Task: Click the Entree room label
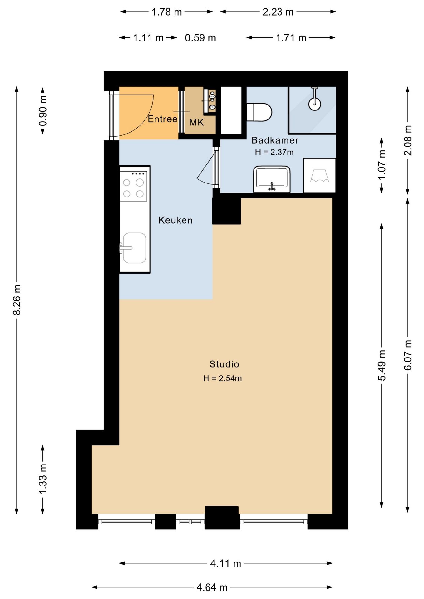coord(162,119)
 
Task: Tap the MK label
coord(196,122)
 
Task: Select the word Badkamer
coord(275,140)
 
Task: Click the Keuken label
coord(175,220)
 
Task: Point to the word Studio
coord(224,364)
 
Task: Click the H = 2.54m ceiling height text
coord(223,378)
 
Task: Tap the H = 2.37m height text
coord(274,152)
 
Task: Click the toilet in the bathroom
coord(259,112)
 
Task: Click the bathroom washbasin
coord(272,179)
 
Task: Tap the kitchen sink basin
coord(134,248)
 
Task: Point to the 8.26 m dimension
coord(17,300)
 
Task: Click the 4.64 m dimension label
coord(212,587)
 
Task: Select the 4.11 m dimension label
coord(226,563)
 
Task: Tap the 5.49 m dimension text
coord(382,365)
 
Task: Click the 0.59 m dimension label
coord(200,38)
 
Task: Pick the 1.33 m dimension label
coord(43,479)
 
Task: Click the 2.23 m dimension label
coord(278,12)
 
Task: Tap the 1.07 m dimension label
coord(382,165)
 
